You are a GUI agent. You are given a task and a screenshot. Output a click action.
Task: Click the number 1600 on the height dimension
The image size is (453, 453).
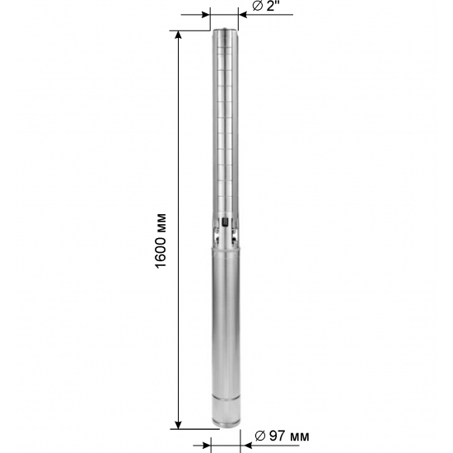161,253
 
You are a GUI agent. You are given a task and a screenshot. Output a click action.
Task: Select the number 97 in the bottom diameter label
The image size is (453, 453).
276,436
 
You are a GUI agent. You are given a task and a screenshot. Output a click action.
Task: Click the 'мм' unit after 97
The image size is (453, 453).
298,437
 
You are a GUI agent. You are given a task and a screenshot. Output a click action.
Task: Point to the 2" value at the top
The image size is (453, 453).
271,6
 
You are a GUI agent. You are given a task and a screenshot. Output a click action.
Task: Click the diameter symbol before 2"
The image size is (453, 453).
258,6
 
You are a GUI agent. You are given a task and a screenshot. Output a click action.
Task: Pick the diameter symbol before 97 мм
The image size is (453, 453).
260,436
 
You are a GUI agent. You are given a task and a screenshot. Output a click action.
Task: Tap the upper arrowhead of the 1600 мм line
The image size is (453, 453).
179,35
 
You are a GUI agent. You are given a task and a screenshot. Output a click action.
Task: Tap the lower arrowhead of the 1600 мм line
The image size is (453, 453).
179,425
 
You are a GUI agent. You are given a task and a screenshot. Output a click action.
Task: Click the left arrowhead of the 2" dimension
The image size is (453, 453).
206,15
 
